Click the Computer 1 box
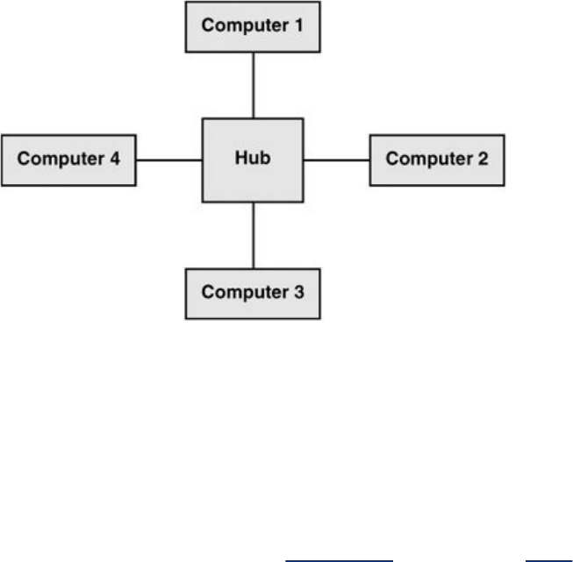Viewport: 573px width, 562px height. (x=253, y=26)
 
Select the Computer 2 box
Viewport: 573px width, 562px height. (x=437, y=160)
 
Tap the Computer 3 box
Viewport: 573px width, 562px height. (x=253, y=293)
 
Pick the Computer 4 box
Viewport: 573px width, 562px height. (x=69, y=160)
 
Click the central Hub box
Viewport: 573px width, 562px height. (x=253, y=160)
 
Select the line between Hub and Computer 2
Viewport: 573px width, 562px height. (x=336, y=160)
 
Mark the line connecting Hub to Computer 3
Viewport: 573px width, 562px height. (x=253, y=236)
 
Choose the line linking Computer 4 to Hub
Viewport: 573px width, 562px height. (x=170, y=160)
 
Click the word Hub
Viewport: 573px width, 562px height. (x=253, y=160)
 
